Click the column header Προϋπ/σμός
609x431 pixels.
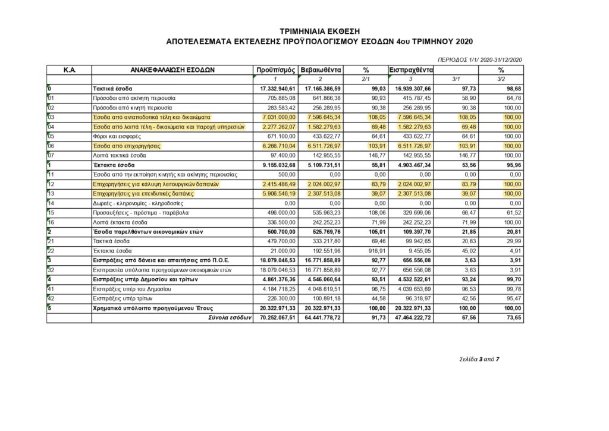[275, 70]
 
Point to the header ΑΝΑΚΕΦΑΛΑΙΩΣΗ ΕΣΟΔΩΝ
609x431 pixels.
[172, 70]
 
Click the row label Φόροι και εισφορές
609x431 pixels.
[115, 136]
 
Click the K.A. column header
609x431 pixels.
[69, 70]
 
